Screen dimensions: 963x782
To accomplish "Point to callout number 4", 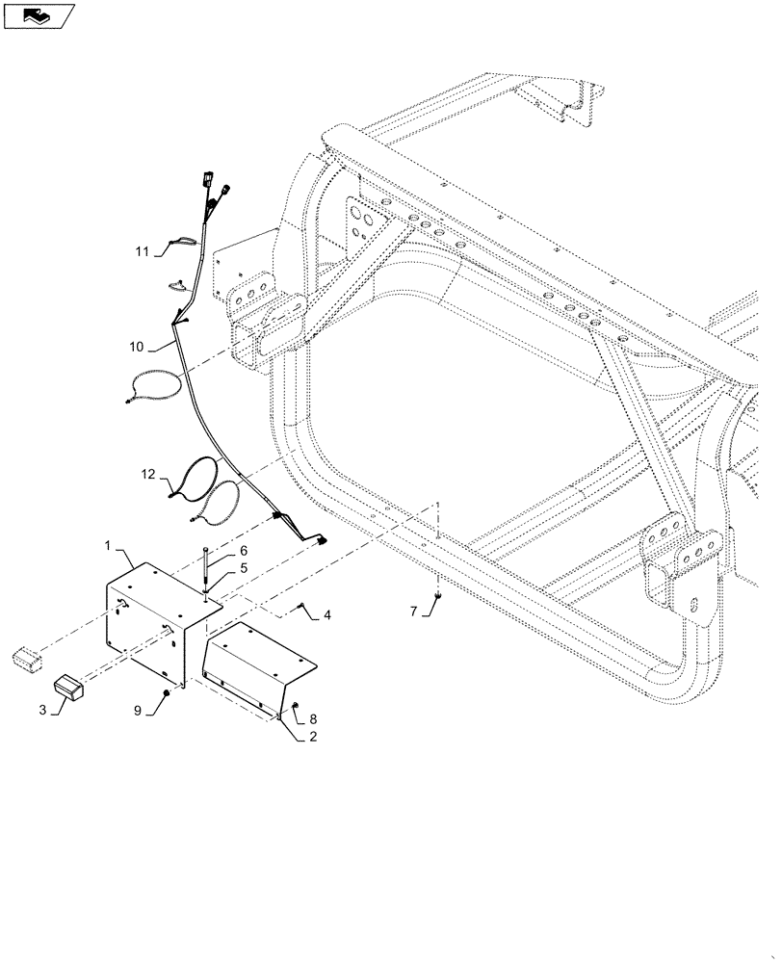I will [327, 613].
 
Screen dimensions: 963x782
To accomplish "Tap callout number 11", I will [142, 252].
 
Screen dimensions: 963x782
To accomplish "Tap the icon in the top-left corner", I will [39, 15].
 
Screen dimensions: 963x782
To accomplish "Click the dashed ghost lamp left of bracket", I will [26, 659].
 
